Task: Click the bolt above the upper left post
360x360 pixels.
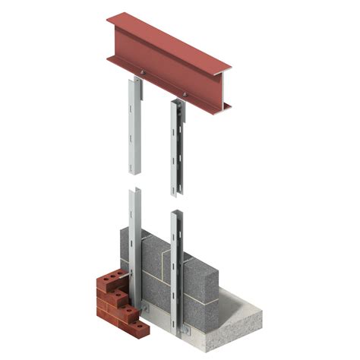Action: (x=141, y=74)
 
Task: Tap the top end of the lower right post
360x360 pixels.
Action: (x=176, y=213)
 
